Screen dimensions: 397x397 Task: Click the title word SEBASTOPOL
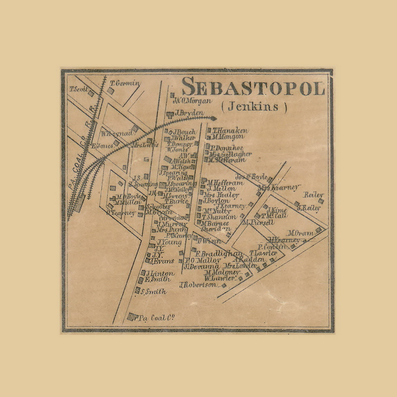[x=253, y=87]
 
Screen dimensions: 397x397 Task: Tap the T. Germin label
[x=125, y=83]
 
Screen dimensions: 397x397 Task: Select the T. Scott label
[x=79, y=89]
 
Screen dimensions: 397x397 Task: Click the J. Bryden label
[x=189, y=113]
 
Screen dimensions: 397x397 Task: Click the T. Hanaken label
[x=230, y=131]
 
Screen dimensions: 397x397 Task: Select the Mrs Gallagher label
[x=231, y=154]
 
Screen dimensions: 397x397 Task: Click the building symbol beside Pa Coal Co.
[x=131, y=316]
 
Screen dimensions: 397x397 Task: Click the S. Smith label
[x=154, y=292]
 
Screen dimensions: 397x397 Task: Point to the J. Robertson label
[x=199, y=285]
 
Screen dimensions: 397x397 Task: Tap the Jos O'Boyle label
[x=251, y=177]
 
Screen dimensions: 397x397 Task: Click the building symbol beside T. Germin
[x=110, y=91]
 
